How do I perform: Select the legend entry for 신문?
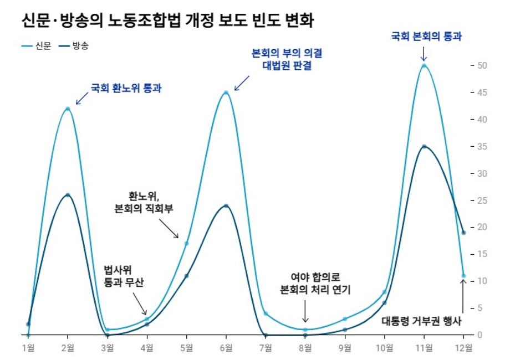pos(37,47)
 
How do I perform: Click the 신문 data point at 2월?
pos(68,109)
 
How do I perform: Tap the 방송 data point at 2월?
pos(68,195)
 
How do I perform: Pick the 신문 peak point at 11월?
pos(424,65)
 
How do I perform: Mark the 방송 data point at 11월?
pos(424,147)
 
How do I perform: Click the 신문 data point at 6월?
pos(226,92)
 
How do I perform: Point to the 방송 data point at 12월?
pos(463,233)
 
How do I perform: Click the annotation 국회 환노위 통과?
pos(126,88)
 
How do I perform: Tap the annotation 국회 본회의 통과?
pos(426,37)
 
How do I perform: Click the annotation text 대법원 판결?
pos(287,67)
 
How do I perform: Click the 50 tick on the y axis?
pos(482,65)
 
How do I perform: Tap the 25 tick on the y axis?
pos(482,200)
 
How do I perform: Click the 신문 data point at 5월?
pos(187,244)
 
